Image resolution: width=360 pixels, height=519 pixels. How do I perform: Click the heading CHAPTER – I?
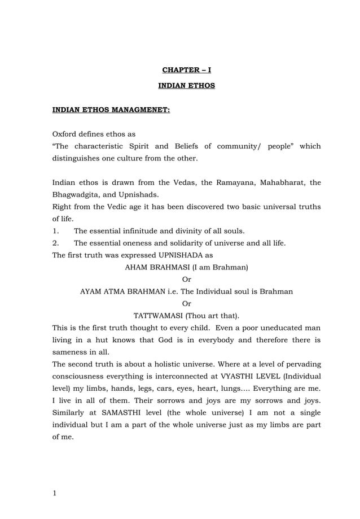point(186,70)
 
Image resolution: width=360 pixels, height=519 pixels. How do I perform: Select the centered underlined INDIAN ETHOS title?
point(186,86)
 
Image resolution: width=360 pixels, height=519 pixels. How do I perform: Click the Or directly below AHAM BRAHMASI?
point(187,279)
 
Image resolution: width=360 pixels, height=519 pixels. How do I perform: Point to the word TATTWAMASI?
point(157,315)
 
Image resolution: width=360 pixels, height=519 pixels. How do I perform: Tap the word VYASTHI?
point(244,376)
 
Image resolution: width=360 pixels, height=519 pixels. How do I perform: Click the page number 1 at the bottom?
point(55,493)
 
